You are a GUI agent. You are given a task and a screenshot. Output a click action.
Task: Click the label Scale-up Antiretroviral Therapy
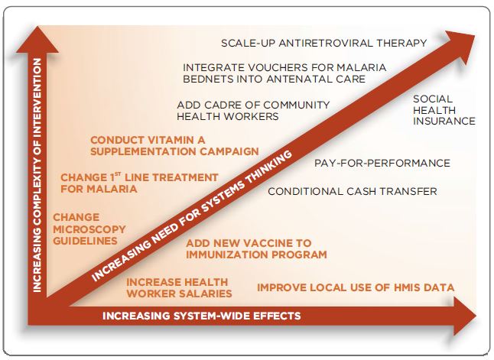pyautogui.click(x=323, y=43)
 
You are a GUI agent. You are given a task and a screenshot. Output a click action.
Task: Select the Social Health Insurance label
pyautogui.click(x=444, y=109)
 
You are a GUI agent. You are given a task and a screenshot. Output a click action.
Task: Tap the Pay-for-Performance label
pyautogui.click(x=382, y=163)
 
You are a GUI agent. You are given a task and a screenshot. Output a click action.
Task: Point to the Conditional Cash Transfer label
pyautogui.click(x=352, y=191)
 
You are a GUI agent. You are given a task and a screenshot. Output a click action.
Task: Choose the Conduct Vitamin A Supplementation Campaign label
pyautogui.click(x=174, y=145)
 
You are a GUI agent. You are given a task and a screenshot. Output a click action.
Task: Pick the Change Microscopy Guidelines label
pyautogui.click(x=84, y=229)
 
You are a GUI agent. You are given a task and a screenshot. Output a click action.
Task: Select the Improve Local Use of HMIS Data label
pyautogui.click(x=356, y=287)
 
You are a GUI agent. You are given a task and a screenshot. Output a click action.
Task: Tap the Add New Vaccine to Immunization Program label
pyautogui.click(x=256, y=248)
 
